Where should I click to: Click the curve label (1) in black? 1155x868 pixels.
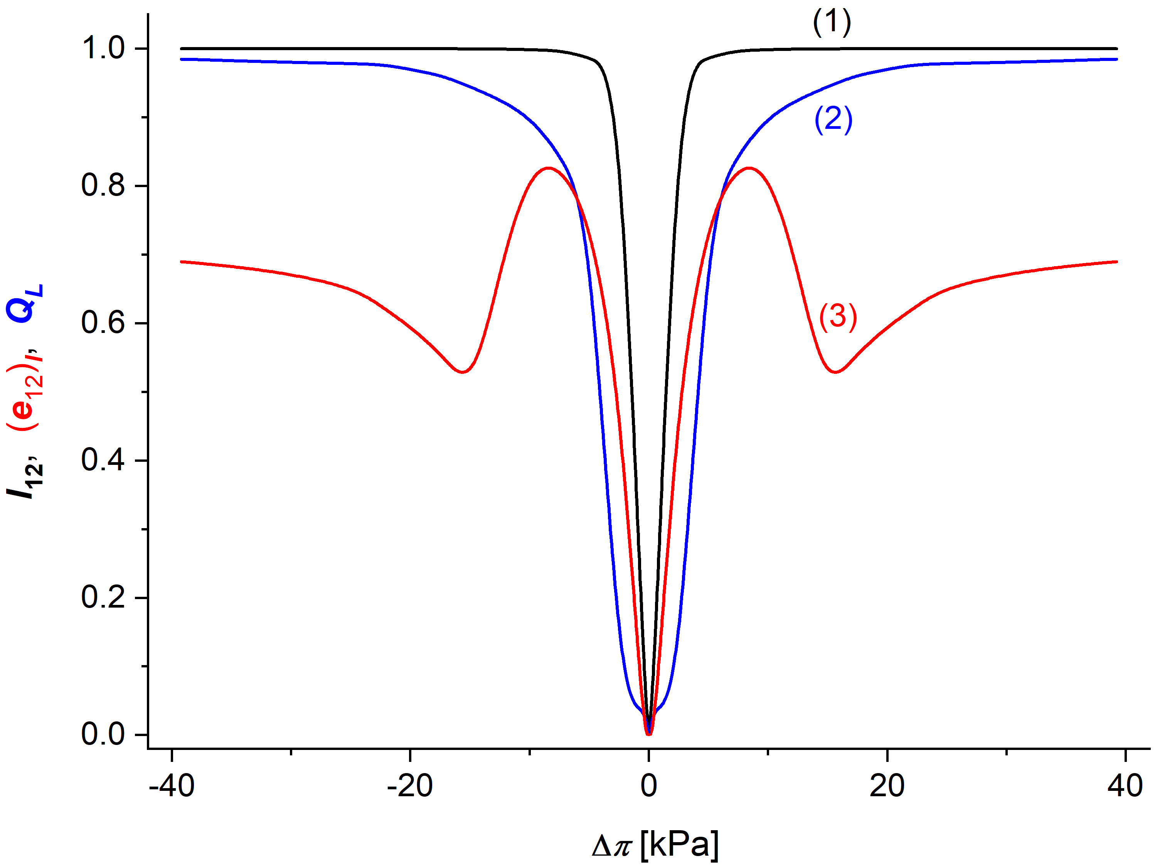tap(832, 23)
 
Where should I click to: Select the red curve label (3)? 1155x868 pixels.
tap(838, 317)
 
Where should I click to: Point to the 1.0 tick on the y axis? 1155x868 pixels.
tap(103, 48)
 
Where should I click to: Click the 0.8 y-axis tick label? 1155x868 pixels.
tap(103, 186)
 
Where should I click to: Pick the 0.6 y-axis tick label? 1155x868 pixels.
tap(103, 323)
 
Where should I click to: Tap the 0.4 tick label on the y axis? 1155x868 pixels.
tap(103, 460)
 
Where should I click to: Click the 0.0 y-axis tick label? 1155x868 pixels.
tap(103, 735)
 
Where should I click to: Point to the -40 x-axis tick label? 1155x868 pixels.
tap(172, 786)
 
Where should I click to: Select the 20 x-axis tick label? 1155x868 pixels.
tap(887, 786)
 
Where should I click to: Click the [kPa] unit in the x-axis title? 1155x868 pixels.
tap(679, 844)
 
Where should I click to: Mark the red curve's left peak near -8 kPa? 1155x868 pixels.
tap(548, 168)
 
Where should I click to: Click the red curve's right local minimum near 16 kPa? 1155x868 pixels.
tap(836, 372)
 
